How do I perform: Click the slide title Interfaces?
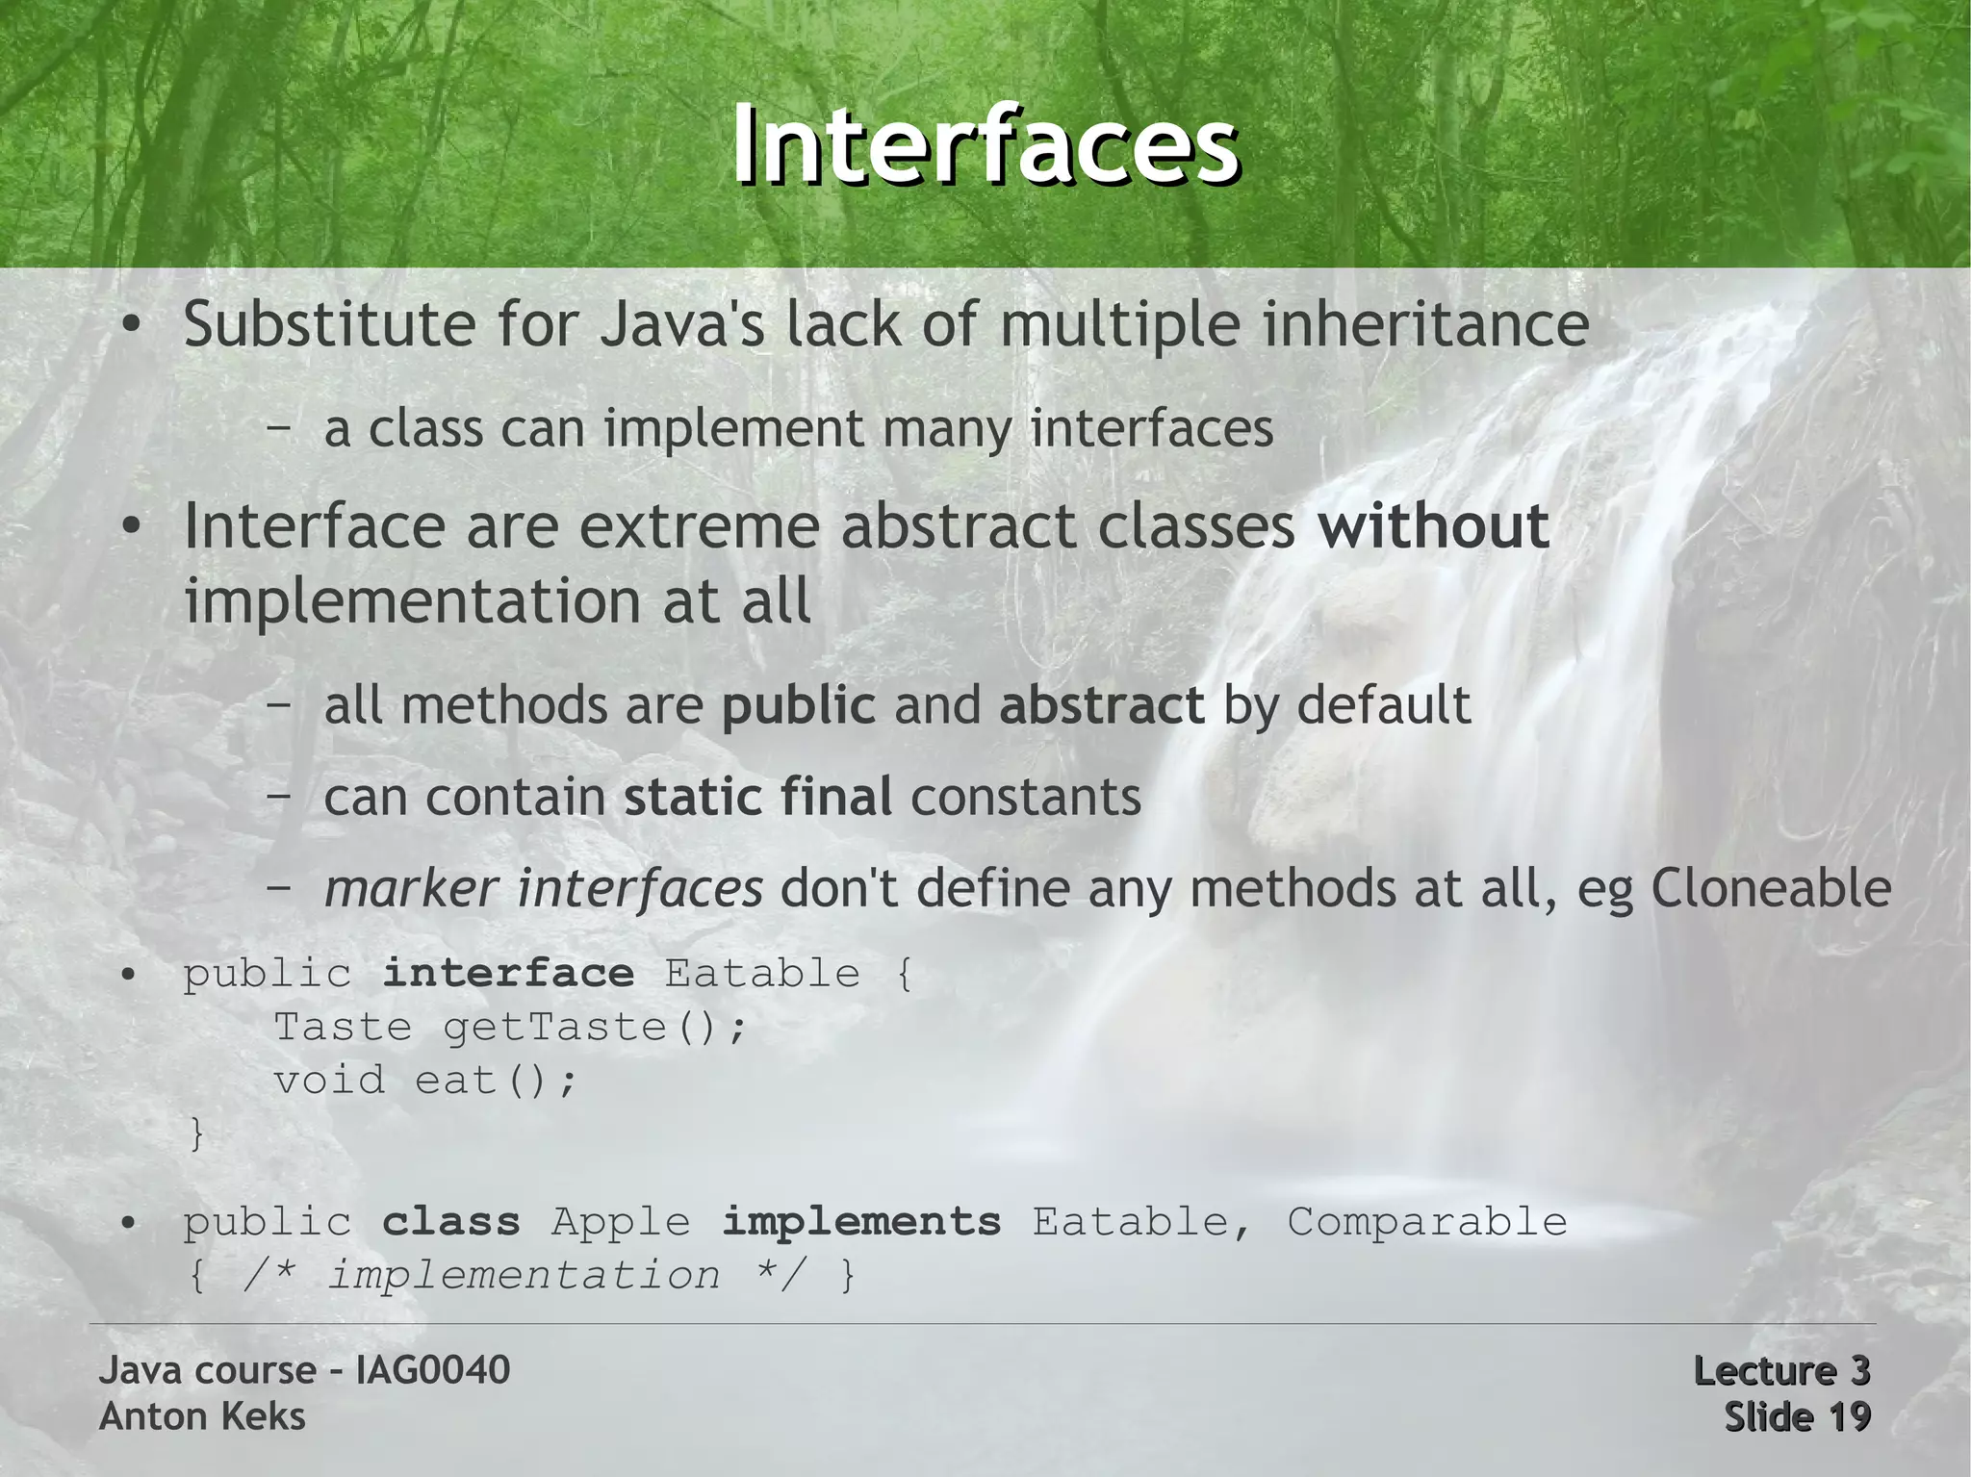point(985,145)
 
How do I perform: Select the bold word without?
point(1433,526)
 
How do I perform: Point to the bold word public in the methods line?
point(798,705)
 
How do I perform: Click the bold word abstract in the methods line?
point(1101,705)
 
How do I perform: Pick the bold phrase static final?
point(757,798)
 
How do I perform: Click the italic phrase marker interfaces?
point(543,888)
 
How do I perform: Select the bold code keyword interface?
point(508,974)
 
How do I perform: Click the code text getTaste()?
point(594,1028)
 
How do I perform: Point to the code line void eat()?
point(424,1081)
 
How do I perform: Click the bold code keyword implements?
point(861,1222)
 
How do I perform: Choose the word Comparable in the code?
point(1426,1222)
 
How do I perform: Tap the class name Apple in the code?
point(621,1222)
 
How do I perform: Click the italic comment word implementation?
point(525,1276)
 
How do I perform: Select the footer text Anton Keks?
point(202,1416)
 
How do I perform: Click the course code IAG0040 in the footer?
point(432,1370)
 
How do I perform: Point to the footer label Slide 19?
point(1796,1416)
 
